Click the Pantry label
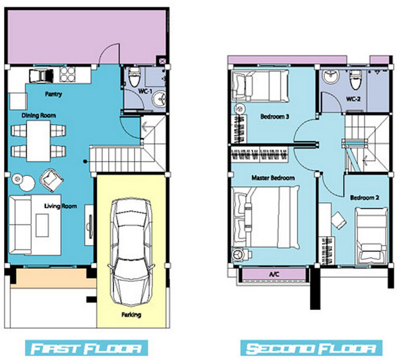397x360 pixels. coord(53,94)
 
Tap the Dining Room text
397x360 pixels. coord(38,115)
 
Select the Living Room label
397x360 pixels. coord(61,206)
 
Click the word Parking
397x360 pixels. coord(131,315)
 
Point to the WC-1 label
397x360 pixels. coord(145,92)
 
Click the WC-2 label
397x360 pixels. coord(353,99)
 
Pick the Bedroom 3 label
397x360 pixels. coord(275,117)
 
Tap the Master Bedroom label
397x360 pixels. coord(273,178)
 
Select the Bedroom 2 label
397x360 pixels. coord(365,197)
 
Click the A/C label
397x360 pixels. coord(274,274)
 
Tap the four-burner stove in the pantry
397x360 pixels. coord(67,74)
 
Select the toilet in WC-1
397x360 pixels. coord(134,76)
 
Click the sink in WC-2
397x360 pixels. coord(332,76)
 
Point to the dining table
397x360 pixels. coord(39,140)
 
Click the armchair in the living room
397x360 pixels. coord(51,180)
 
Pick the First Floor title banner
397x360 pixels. coord(86,348)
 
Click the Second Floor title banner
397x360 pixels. coord(311,348)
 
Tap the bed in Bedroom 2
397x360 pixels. coord(371,236)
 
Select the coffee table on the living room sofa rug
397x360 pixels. coord(42,225)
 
